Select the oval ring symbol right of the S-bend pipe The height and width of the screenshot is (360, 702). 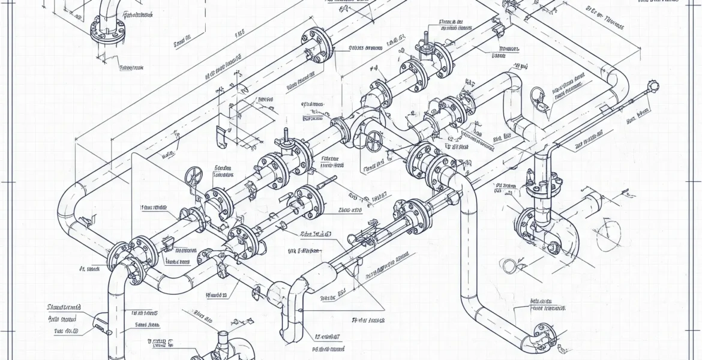click(538, 94)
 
